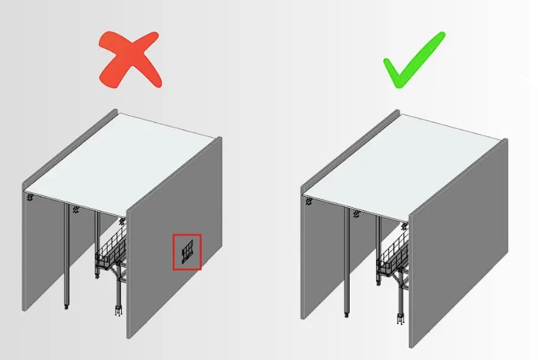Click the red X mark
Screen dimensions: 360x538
(x=131, y=60)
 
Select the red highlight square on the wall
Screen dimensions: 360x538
(x=187, y=251)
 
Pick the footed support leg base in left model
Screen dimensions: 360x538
(x=118, y=308)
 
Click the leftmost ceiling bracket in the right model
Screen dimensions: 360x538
(x=309, y=201)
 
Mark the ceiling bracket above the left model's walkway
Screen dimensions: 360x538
(x=121, y=221)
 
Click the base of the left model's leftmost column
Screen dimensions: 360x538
(x=67, y=306)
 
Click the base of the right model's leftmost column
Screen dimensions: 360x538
(x=346, y=311)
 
